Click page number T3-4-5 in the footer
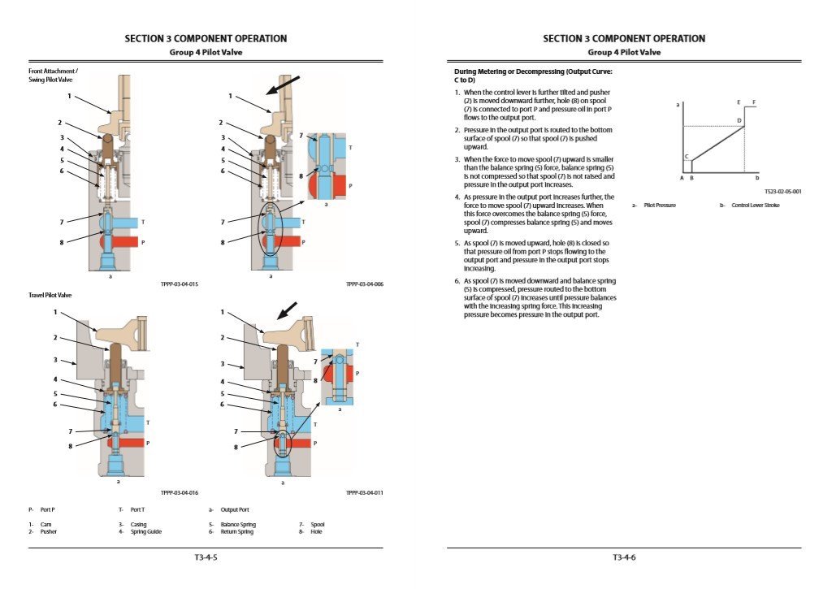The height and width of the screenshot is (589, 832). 205,557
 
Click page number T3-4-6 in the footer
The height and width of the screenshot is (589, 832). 624,557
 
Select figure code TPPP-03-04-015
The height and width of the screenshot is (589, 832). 180,284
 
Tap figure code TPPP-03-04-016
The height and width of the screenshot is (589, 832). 180,492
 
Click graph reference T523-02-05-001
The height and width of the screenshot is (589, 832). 782,192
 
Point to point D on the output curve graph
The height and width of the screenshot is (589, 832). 739,121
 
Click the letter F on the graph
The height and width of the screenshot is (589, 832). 754,102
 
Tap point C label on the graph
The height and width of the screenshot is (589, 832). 687,156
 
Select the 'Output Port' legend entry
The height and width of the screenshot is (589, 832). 235,509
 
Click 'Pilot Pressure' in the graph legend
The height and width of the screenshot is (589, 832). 660,205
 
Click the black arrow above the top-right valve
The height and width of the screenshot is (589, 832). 284,85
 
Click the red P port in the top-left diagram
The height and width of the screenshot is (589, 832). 126,242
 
